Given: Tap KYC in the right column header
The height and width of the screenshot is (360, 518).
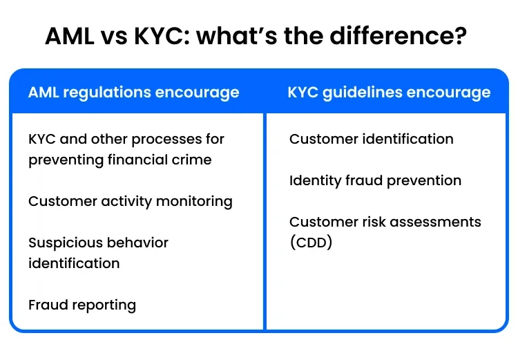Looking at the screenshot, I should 302,93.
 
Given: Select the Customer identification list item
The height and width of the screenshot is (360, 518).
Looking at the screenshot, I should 371,139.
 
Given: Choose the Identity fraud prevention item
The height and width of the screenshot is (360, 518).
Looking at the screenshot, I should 375,180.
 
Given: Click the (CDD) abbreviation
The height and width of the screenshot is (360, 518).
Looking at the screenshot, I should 311,243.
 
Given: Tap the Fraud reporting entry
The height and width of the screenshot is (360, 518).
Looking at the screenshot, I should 82,305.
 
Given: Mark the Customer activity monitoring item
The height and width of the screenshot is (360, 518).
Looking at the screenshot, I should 130,201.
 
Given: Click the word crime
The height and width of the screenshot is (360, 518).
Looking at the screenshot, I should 191,160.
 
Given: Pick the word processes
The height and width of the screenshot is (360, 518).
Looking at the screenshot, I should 156,139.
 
